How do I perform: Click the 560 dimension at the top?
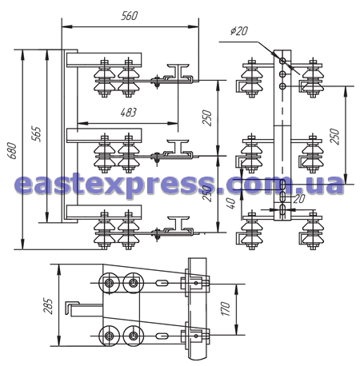[x=130, y=16]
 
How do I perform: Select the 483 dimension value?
[x=128, y=113]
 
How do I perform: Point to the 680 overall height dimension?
[x=12, y=151]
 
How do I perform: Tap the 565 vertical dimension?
[x=37, y=133]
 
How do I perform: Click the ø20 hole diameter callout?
[x=239, y=31]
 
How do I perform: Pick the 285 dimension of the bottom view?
[x=48, y=306]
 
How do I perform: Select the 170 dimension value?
[x=226, y=309]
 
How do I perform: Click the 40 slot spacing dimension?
[x=231, y=203]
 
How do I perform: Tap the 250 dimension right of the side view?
[x=334, y=136]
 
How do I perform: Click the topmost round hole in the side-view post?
[x=282, y=61]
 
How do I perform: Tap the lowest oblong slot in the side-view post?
[x=282, y=209]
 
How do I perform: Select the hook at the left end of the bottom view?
[x=72, y=308]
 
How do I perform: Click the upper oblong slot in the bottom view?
[x=162, y=283]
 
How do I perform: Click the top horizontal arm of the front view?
[x=104, y=60]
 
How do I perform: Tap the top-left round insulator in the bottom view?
[x=109, y=283]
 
